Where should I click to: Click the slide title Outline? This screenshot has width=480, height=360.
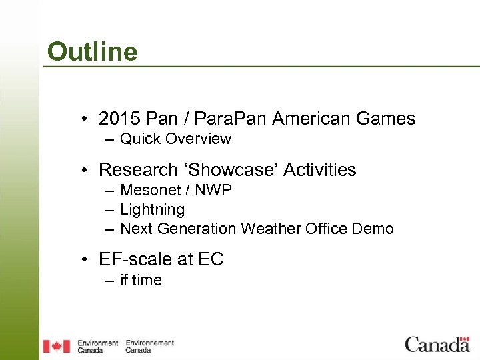click(92, 51)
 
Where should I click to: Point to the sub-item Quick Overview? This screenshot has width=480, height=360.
click(175, 139)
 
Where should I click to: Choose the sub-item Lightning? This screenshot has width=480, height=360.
click(152, 209)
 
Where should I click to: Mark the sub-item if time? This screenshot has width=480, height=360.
click(141, 280)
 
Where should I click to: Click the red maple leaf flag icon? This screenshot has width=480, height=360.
click(57, 346)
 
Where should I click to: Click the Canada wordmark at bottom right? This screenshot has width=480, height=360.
click(437, 344)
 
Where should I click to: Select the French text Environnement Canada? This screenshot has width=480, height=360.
click(149, 346)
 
